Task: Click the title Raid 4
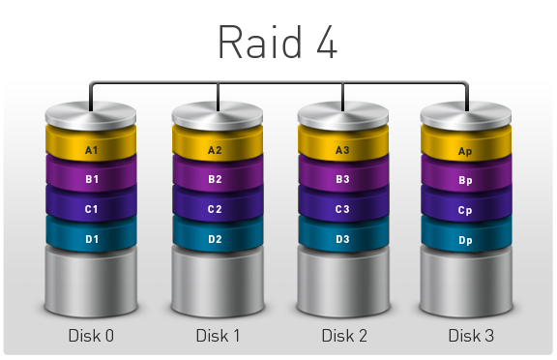(278, 42)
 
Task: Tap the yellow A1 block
(92, 150)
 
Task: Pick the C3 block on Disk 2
(341, 208)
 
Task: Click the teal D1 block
(92, 238)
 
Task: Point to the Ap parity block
(465, 151)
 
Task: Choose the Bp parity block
(465, 180)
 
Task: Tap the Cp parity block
(465, 209)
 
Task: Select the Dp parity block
(465, 239)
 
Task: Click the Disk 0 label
(91, 336)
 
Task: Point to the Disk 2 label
(344, 336)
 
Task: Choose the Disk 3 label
(471, 336)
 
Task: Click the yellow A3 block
(341, 150)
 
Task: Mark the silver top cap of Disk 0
(92, 115)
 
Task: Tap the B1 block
(92, 179)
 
